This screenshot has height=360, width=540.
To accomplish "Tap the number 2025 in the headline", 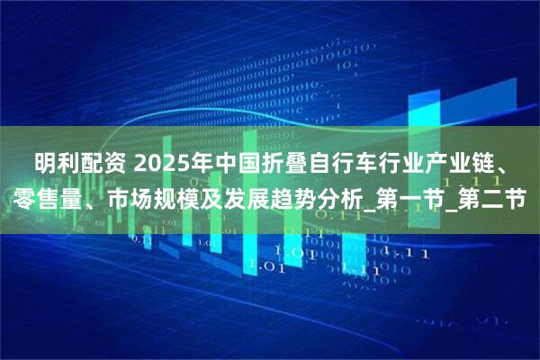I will click(166, 166).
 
